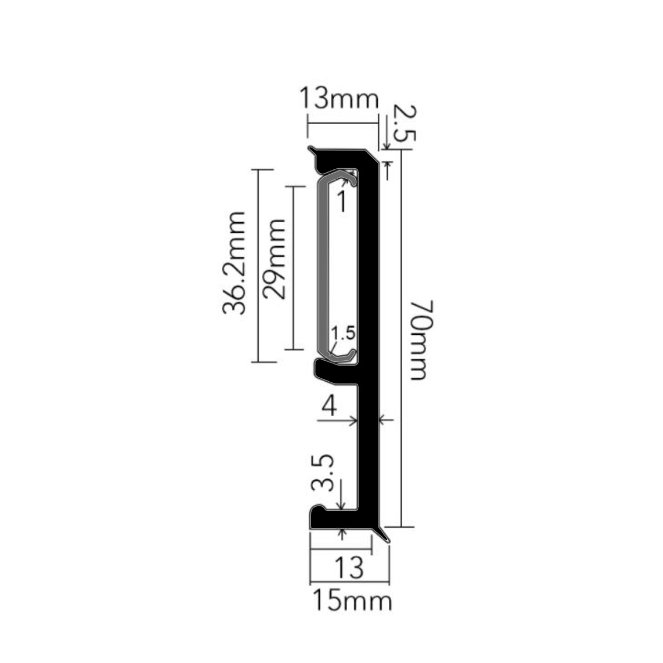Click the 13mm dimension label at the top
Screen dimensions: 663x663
(x=339, y=98)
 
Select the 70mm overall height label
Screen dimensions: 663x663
(x=421, y=339)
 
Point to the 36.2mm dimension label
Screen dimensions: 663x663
(x=234, y=263)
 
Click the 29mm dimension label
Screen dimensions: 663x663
(x=274, y=259)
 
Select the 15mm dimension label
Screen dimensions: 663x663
(x=351, y=601)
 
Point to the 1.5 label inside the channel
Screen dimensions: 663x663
(x=343, y=333)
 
